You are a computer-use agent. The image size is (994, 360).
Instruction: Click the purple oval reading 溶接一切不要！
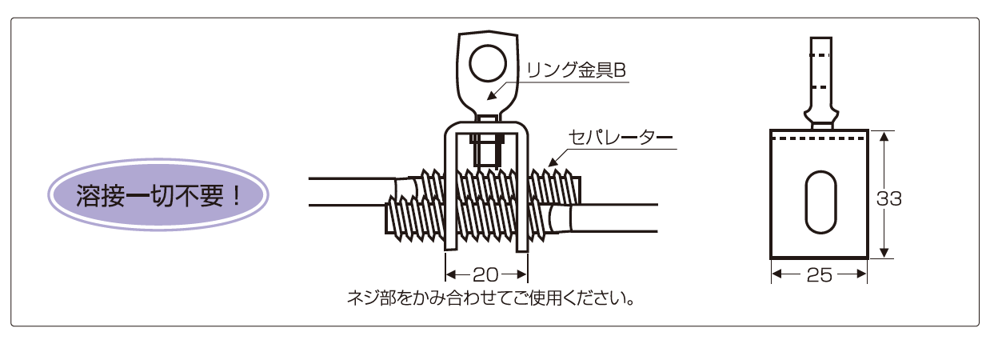158,195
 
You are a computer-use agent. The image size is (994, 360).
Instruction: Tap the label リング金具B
576,70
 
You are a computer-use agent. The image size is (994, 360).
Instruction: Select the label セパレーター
621,138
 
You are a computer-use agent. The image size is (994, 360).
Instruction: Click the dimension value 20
486,275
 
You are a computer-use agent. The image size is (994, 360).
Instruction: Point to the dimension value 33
888,199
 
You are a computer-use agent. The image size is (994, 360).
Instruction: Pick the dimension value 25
819,276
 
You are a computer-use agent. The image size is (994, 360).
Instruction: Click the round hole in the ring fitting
488,63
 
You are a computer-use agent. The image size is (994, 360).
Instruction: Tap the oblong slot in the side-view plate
820,202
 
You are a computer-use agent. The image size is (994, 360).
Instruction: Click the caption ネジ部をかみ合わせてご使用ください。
490,298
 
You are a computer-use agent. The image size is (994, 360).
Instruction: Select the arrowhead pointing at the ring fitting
491,95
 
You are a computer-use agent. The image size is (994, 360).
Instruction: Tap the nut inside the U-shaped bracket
487,150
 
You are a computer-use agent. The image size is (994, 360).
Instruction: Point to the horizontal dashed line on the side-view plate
819,139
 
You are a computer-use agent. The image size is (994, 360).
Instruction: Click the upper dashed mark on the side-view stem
820,55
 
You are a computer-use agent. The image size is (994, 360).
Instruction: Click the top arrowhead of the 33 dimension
884,136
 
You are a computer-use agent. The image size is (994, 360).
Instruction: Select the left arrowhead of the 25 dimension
776,274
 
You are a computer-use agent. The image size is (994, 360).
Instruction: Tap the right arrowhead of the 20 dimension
522,275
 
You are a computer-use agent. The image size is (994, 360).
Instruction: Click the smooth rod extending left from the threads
353,192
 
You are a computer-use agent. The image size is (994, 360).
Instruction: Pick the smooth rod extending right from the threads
613,218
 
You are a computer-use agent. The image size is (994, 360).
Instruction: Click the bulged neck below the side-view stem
821,117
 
